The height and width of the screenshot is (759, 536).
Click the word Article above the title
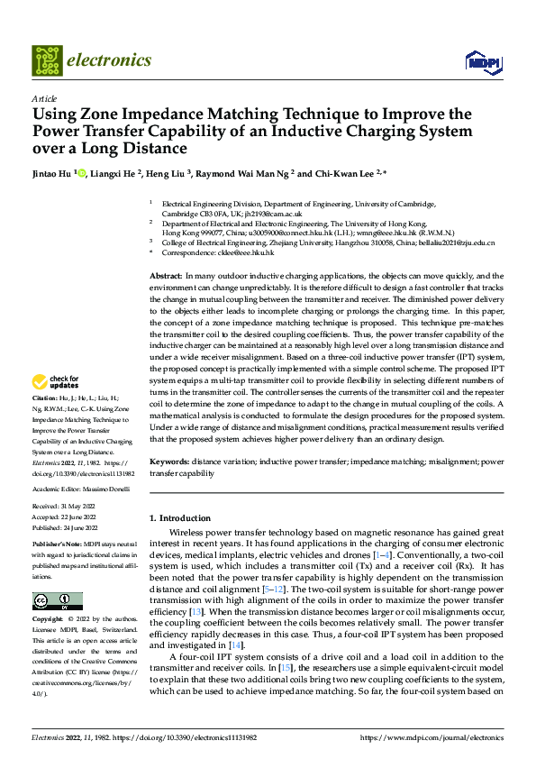(x=44, y=98)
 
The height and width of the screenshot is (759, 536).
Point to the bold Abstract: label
(x=165, y=275)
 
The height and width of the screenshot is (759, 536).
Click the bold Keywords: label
(x=168, y=462)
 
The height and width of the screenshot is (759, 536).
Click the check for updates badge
(x=58, y=382)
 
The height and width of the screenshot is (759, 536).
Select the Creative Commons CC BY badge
(x=57, y=601)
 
